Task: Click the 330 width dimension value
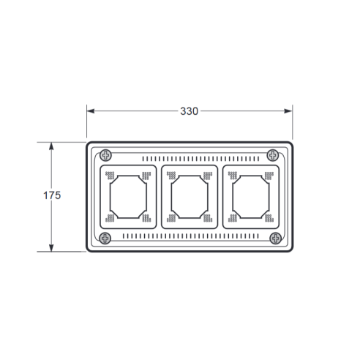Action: point(189,111)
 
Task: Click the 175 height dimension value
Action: point(52,195)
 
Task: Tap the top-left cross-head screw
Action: point(106,155)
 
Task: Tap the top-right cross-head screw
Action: point(273,155)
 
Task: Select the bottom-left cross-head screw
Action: point(105,238)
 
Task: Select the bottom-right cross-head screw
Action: point(276,238)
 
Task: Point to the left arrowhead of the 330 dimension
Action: point(91,111)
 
